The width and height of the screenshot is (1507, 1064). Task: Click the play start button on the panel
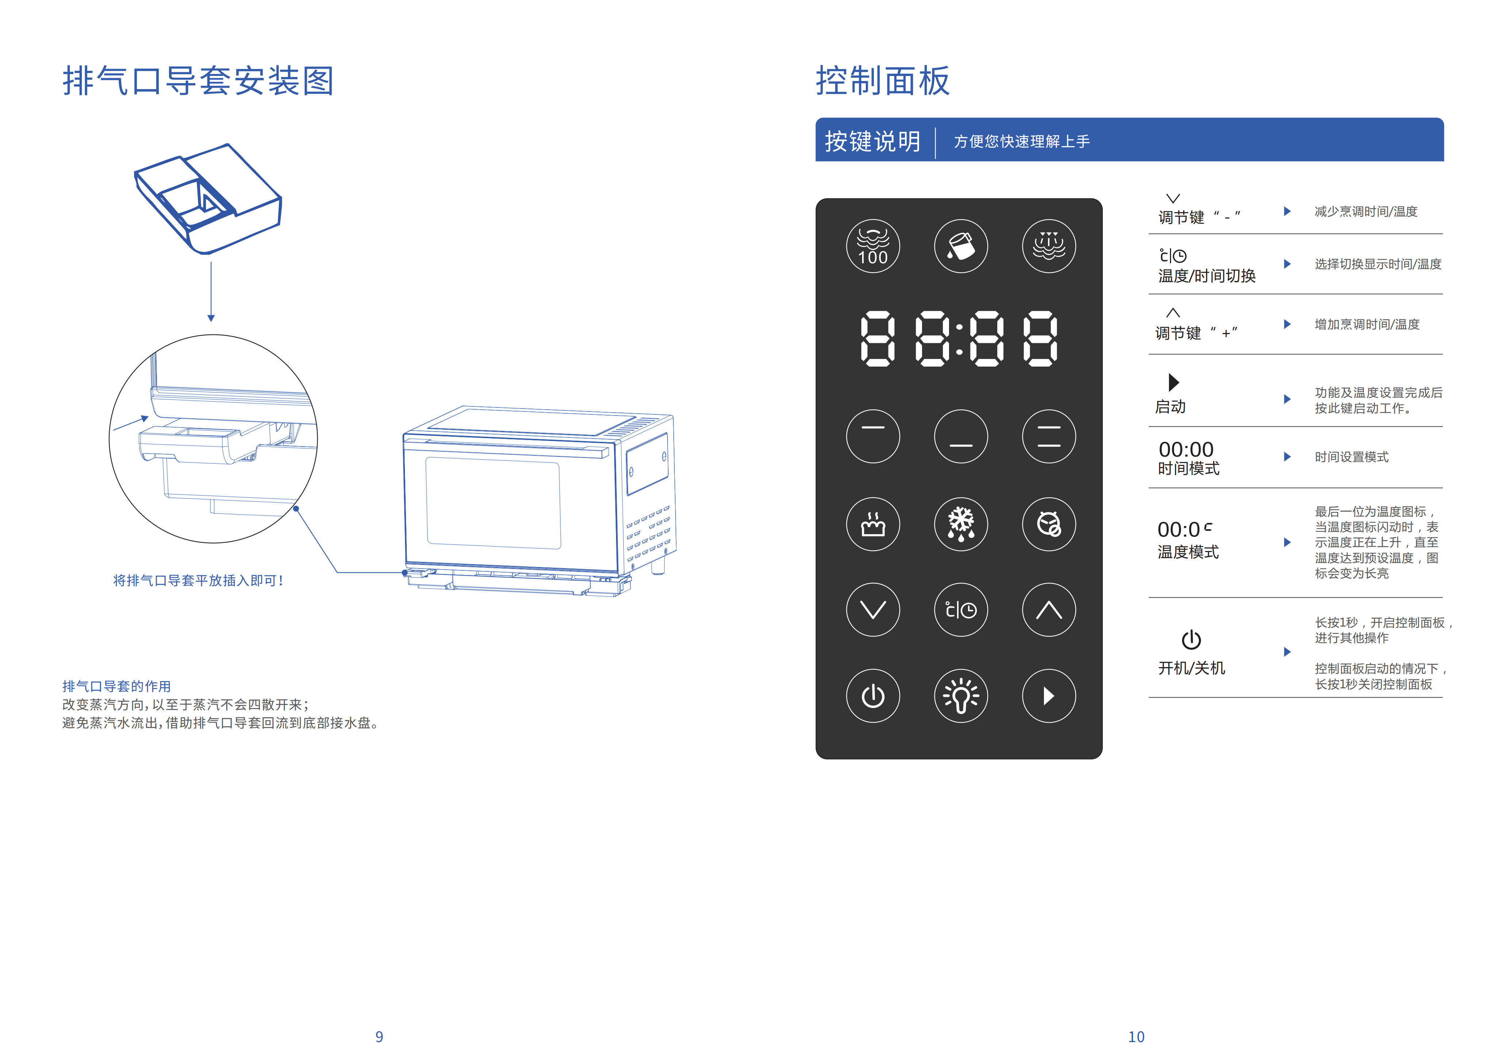pyautogui.click(x=1048, y=696)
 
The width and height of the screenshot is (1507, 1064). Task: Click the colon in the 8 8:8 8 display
pyautogui.click(x=959, y=339)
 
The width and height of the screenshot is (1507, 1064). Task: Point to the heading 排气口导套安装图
pyautogui.click(x=198, y=81)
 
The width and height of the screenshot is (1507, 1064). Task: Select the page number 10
pyautogui.click(x=1136, y=1036)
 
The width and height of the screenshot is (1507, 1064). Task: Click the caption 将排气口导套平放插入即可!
pyautogui.click(x=198, y=580)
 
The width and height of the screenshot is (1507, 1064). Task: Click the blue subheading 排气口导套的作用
pyautogui.click(x=116, y=686)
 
